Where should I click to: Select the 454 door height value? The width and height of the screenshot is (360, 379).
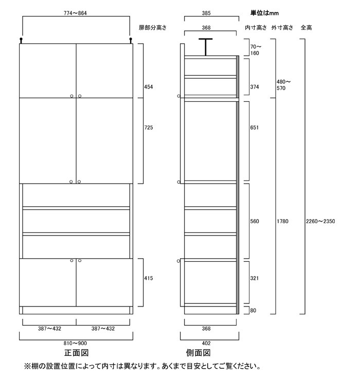[149, 86]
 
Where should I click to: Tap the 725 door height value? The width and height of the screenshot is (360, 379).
[149, 127]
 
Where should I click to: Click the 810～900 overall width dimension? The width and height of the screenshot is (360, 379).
[76, 343]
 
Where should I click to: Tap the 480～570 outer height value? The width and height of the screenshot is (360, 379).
[284, 85]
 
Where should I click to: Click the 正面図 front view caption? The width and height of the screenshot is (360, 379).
[77, 353]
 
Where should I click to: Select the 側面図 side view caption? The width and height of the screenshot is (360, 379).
[199, 353]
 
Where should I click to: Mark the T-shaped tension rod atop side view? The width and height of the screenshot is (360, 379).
[205, 45]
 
